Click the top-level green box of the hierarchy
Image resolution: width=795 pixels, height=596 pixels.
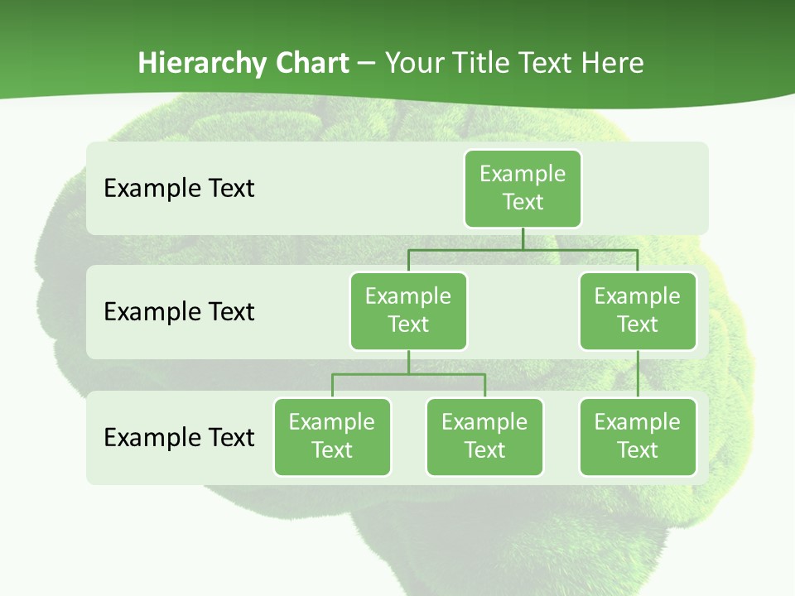click(523, 188)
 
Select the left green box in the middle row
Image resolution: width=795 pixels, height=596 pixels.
click(408, 310)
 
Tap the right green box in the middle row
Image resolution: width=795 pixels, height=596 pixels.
click(638, 310)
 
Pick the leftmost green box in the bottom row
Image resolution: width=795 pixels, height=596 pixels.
click(332, 436)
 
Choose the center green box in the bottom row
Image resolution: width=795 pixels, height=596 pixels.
click(484, 436)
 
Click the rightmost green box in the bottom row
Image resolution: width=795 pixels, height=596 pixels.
click(638, 436)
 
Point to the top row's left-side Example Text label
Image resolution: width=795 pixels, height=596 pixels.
click(179, 188)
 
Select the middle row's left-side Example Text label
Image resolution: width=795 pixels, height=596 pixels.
click(179, 311)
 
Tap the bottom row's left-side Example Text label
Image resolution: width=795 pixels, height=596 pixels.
click(179, 437)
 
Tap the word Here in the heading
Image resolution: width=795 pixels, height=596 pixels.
click(614, 63)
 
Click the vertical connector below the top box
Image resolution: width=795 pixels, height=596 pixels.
click(523, 238)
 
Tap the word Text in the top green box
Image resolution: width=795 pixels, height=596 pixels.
click(523, 202)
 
